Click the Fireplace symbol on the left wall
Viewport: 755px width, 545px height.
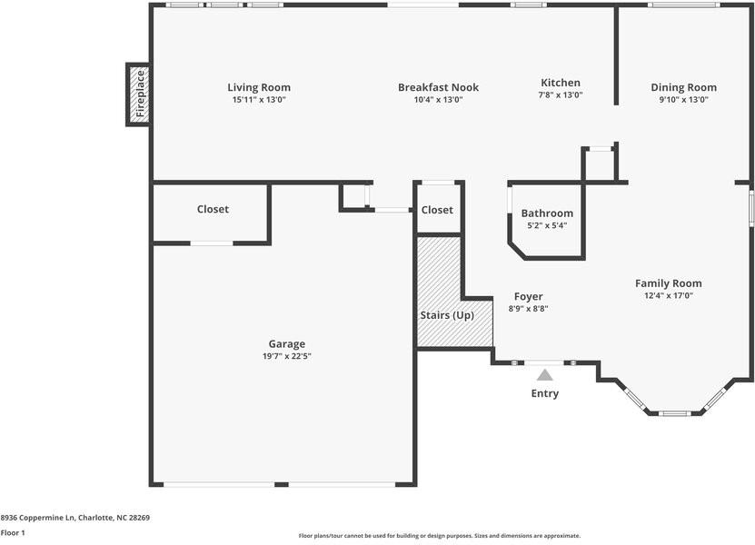point(138,94)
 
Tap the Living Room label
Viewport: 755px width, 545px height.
point(259,87)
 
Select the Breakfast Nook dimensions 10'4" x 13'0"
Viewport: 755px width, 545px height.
point(438,100)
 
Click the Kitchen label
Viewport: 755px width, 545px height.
point(560,83)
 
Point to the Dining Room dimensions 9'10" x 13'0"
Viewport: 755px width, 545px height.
point(683,100)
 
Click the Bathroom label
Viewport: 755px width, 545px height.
point(547,213)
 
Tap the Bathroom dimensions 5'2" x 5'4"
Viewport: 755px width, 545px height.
point(547,225)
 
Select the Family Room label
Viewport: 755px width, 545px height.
point(668,283)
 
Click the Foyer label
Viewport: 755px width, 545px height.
point(528,296)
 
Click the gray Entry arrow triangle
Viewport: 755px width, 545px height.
point(544,374)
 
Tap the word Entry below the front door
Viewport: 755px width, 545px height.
point(544,393)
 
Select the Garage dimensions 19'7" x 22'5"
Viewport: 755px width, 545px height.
point(286,356)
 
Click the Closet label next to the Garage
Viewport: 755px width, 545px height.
point(213,209)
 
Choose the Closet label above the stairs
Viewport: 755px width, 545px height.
point(436,210)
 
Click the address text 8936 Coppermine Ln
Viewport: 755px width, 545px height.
point(75,517)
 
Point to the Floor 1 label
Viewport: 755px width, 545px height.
point(13,532)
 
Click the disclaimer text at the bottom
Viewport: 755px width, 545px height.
point(439,535)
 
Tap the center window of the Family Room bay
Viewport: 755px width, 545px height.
point(674,413)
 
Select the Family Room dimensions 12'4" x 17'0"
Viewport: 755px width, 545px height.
point(668,295)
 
